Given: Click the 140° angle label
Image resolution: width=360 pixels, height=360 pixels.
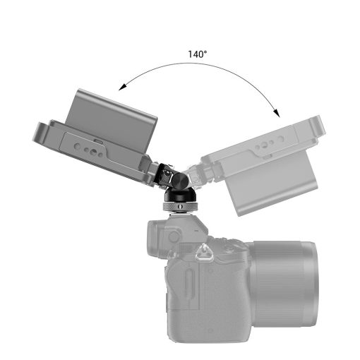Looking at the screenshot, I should (x=198, y=54).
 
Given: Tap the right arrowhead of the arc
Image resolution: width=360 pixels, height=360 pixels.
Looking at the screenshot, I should (x=277, y=114).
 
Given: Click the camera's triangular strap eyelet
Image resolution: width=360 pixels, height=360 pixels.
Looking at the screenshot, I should (x=210, y=249).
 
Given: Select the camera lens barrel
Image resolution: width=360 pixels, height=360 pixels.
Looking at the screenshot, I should (x=282, y=282).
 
